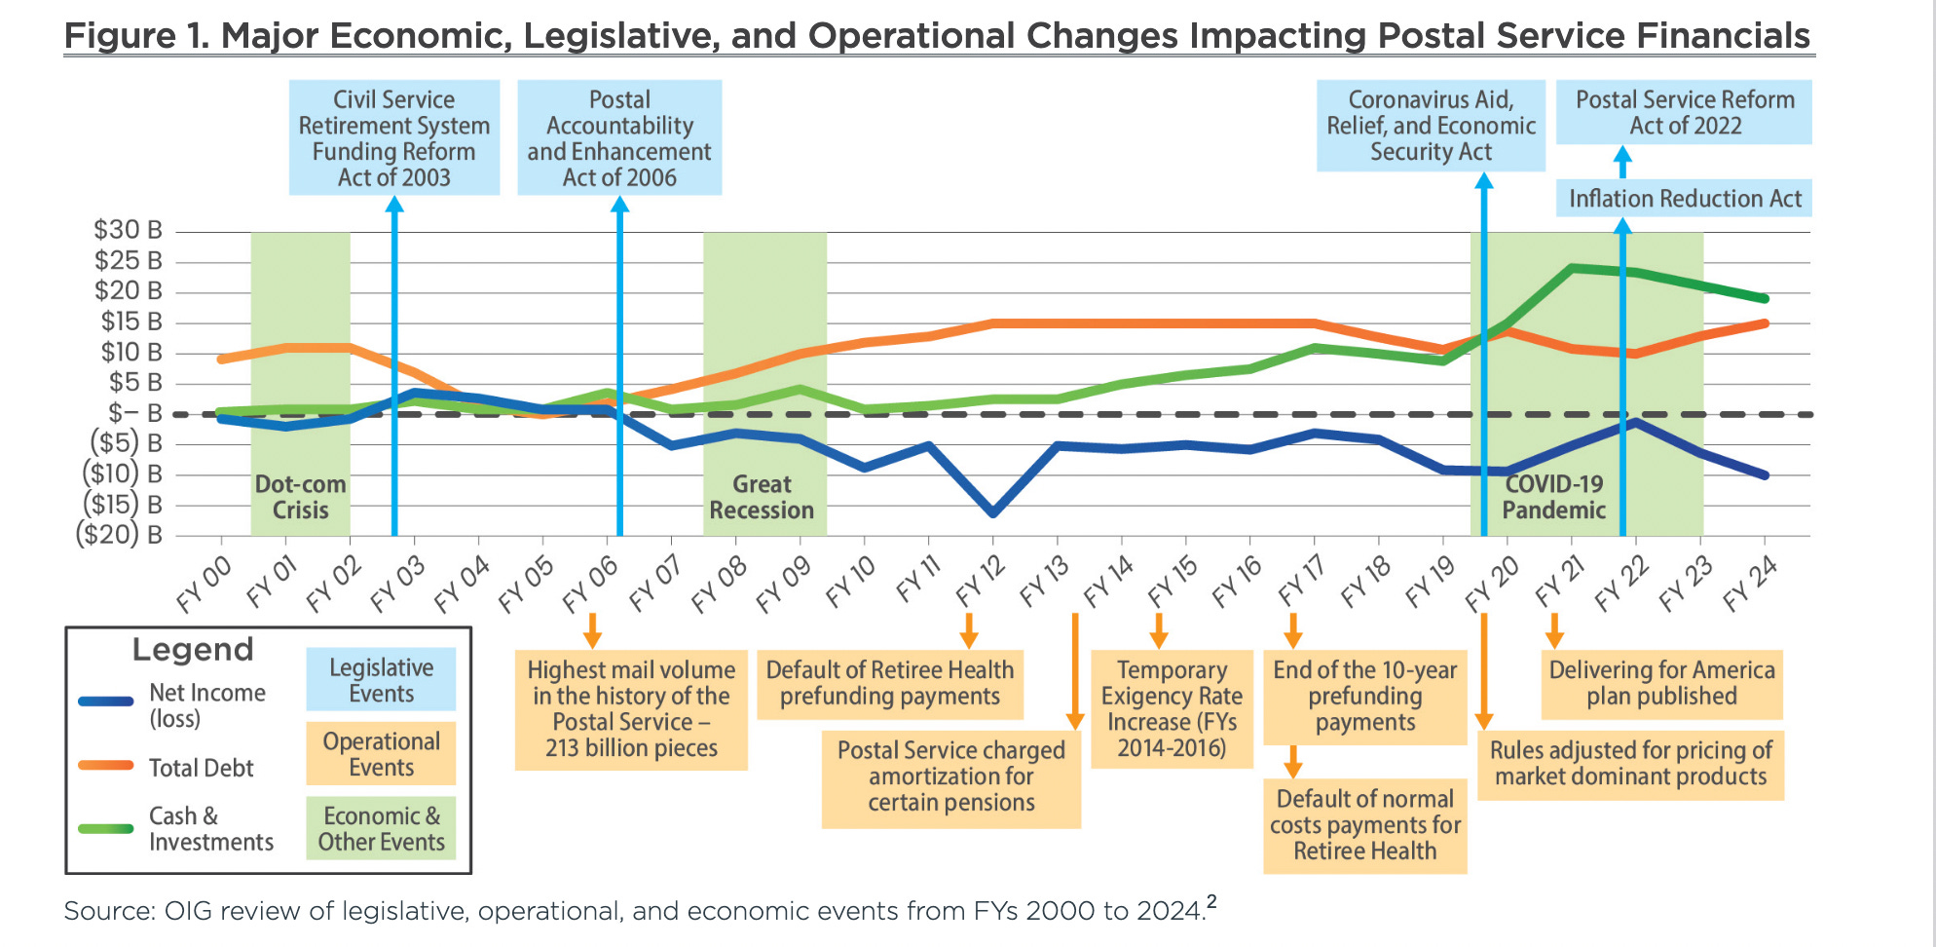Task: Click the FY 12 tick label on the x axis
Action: click(x=980, y=581)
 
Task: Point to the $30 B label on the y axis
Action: click(x=128, y=230)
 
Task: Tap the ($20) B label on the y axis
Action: click(x=119, y=535)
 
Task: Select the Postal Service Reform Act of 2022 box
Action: click(x=1684, y=113)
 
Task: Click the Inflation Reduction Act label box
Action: click(x=1684, y=199)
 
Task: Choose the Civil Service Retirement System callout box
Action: click(x=394, y=138)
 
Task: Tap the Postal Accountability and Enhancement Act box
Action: click(x=619, y=138)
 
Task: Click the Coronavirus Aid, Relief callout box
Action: click(x=1431, y=126)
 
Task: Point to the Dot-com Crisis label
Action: click(x=300, y=497)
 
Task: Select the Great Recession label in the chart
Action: click(x=762, y=497)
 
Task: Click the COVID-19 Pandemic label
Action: click(x=1553, y=497)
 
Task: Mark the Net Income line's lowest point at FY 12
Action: click(x=992, y=512)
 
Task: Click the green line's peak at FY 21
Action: click(x=1572, y=268)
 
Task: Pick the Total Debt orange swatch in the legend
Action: click(x=106, y=766)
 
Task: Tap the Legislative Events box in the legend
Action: click(x=381, y=680)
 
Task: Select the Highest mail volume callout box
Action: click(x=631, y=709)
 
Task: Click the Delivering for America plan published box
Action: click(x=1661, y=684)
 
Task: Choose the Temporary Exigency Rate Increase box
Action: click(x=1172, y=709)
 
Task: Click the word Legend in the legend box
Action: click(x=193, y=650)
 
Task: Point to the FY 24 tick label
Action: click(x=1750, y=584)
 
